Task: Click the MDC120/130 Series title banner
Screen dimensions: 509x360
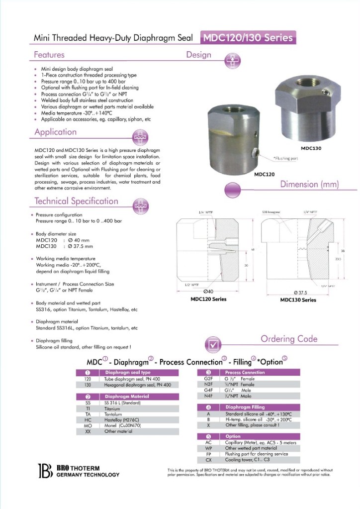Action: click(247, 37)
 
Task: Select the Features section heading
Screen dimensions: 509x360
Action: click(49, 55)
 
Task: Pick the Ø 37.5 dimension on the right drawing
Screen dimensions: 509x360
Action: click(298, 293)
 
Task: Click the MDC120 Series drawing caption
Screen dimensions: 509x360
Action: click(208, 299)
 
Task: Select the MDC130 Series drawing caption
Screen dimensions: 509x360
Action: click(298, 300)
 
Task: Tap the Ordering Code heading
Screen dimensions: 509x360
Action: click(289, 339)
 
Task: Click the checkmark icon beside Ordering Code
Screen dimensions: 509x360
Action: click(214, 344)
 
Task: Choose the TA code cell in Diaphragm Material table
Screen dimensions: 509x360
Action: click(88, 414)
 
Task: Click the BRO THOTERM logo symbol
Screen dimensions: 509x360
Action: click(45, 471)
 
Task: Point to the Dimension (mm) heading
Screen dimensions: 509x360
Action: click(309, 185)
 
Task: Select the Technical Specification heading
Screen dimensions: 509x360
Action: click(76, 201)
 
